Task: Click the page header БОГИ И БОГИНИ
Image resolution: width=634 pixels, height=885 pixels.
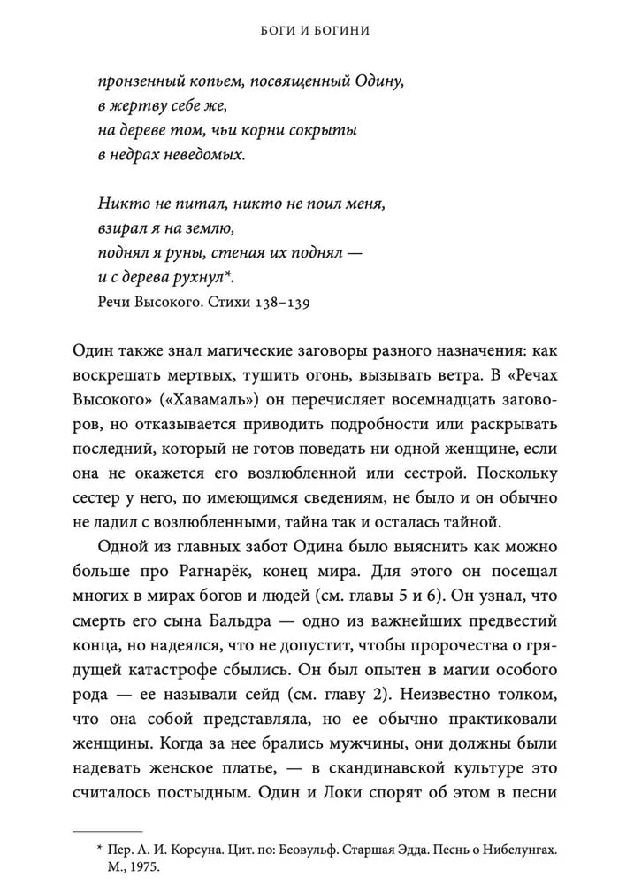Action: click(x=317, y=30)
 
